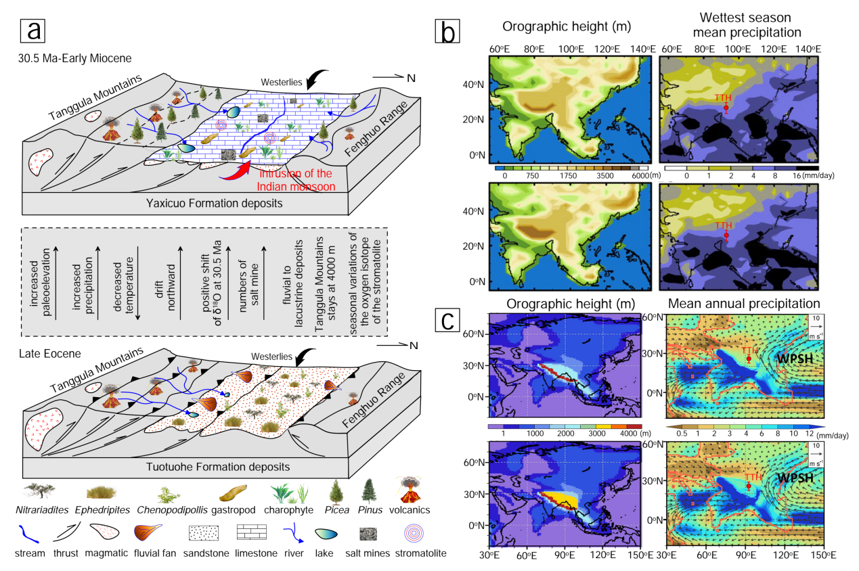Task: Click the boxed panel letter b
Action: tap(449, 29)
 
